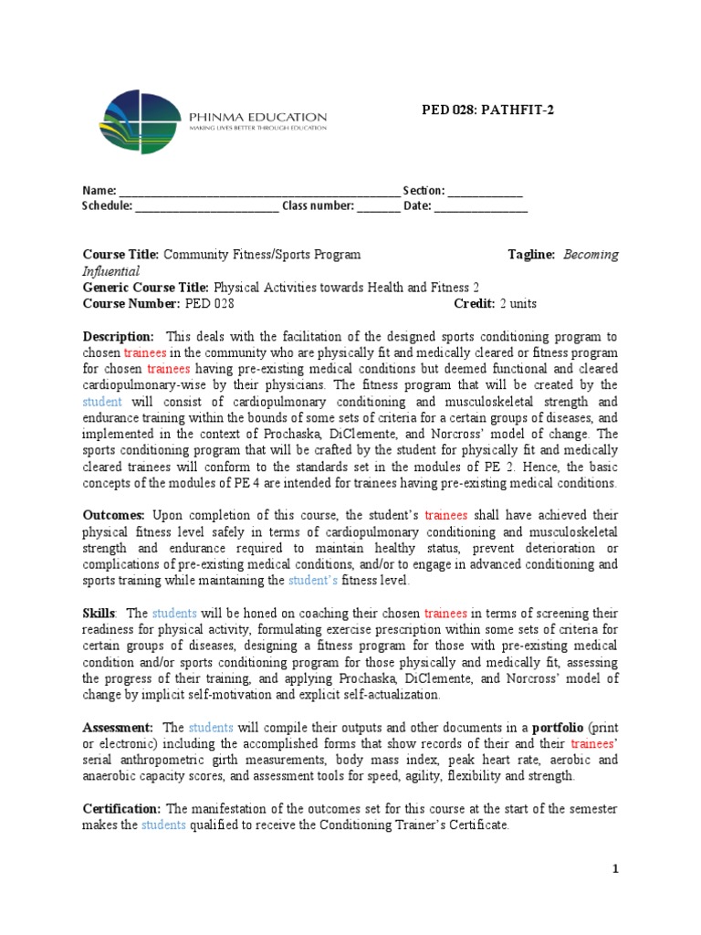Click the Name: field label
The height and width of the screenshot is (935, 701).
99,191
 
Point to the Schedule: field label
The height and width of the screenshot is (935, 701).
108,205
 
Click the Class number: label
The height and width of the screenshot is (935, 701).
317,205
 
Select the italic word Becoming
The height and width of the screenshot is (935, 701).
591,255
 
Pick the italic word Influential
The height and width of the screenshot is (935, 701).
111,271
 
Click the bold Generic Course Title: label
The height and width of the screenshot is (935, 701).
146,287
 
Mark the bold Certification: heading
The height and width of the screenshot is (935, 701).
122,809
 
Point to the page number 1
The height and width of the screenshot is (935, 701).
615,869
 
